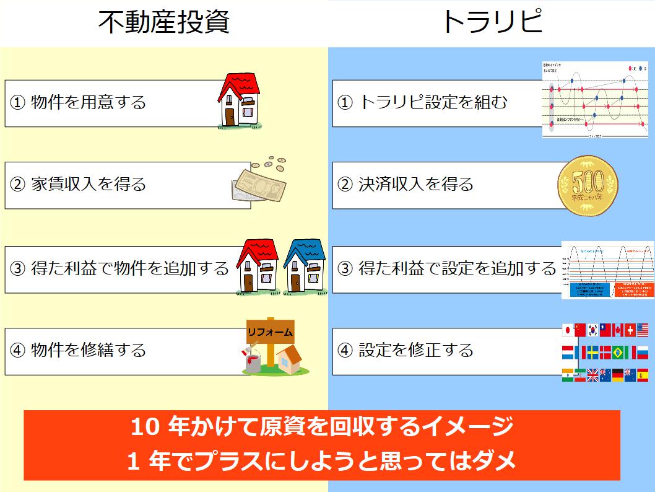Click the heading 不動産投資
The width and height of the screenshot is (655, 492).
click(163, 22)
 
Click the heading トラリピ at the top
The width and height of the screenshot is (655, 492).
click(492, 22)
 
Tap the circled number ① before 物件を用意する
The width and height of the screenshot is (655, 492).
click(17, 102)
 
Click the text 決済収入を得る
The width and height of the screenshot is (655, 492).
click(416, 184)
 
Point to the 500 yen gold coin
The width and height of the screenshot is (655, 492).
click(587, 184)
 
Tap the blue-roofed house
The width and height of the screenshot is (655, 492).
click(305, 265)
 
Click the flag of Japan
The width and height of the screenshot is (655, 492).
click(568, 330)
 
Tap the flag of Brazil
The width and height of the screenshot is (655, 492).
click(617, 353)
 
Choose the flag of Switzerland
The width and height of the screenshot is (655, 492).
click(630, 330)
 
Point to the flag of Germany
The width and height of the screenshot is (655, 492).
click(617, 375)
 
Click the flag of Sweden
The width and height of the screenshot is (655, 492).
click(592, 353)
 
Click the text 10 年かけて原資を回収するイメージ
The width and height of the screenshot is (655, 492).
click(322, 427)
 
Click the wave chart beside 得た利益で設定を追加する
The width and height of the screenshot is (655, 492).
click(607, 270)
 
